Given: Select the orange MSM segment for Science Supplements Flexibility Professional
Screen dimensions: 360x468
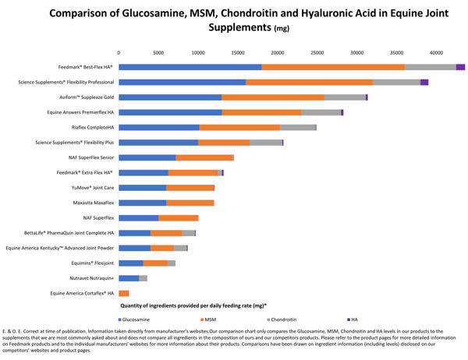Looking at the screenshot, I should point(309,82).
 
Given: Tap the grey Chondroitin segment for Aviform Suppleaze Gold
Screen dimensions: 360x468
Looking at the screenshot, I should point(345,97).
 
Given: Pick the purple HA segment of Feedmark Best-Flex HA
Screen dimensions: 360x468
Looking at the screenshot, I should point(460,67).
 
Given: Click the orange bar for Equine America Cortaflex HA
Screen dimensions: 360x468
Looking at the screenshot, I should point(123,293).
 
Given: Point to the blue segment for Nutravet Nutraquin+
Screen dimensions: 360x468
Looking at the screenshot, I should point(129,278).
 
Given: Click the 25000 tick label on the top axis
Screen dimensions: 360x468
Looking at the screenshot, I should point(317,53).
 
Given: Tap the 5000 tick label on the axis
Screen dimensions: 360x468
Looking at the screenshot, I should point(158,53).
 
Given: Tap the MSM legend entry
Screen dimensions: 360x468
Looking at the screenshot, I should point(210,320).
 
